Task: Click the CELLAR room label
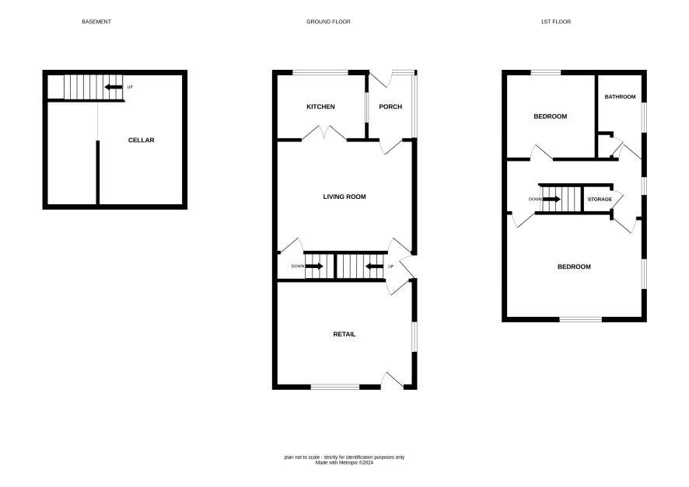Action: coord(141,141)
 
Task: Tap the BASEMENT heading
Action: coord(96,22)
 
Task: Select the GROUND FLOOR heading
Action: coord(328,22)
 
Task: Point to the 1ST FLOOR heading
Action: coord(555,22)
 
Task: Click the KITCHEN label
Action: coord(320,106)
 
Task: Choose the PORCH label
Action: coord(390,106)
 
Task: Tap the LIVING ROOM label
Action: coord(344,197)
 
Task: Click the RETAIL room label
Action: coord(344,334)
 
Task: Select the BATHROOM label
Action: coord(620,96)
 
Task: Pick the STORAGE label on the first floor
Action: coord(600,199)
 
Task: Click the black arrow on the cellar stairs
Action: coord(114,87)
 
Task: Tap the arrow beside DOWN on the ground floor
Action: coord(314,266)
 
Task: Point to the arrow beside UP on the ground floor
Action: coord(374,266)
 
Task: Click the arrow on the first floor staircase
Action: coord(551,199)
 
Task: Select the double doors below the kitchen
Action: coord(324,133)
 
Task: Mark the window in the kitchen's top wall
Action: coord(320,72)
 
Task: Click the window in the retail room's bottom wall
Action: coord(335,387)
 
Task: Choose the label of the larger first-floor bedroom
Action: coord(574,266)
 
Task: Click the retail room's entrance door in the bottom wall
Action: coord(392,381)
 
